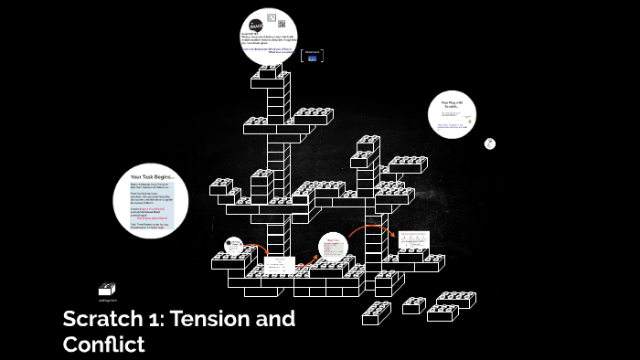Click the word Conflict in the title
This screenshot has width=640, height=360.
103,344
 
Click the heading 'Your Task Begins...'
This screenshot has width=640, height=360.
152,176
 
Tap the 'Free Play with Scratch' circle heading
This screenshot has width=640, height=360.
453,106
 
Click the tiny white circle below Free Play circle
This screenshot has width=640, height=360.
490,143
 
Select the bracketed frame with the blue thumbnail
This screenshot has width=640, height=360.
312,55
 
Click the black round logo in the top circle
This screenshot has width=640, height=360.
256,26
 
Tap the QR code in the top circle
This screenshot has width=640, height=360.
281,24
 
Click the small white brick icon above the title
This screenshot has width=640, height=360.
107,289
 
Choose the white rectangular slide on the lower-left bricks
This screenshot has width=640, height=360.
279,265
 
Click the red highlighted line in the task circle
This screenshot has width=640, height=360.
152,219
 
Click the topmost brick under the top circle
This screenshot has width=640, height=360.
269,72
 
